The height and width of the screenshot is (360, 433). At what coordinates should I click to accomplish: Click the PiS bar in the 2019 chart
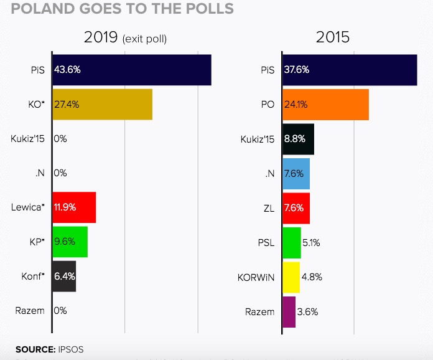click(132, 70)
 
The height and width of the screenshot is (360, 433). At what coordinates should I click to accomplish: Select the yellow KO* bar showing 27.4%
click(103, 104)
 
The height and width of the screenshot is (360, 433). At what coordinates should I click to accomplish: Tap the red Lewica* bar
click(74, 207)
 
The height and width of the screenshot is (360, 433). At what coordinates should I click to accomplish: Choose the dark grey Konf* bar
click(64, 276)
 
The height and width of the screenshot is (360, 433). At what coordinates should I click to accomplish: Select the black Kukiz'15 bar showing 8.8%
click(299, 139)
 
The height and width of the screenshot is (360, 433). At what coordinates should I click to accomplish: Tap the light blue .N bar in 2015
click(296, 173)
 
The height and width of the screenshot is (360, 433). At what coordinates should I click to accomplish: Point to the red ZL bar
click(296, 207)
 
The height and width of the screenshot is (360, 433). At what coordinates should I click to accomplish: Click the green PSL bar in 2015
click(292, 242)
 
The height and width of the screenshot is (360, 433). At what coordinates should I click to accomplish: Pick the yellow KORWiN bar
click(291, 277)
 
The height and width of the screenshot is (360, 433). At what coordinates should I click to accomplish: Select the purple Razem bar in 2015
click(289, 311)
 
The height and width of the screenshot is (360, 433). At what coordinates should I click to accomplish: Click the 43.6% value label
click(67, 70)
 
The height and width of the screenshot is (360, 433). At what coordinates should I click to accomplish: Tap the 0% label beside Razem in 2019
click(60, 310)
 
